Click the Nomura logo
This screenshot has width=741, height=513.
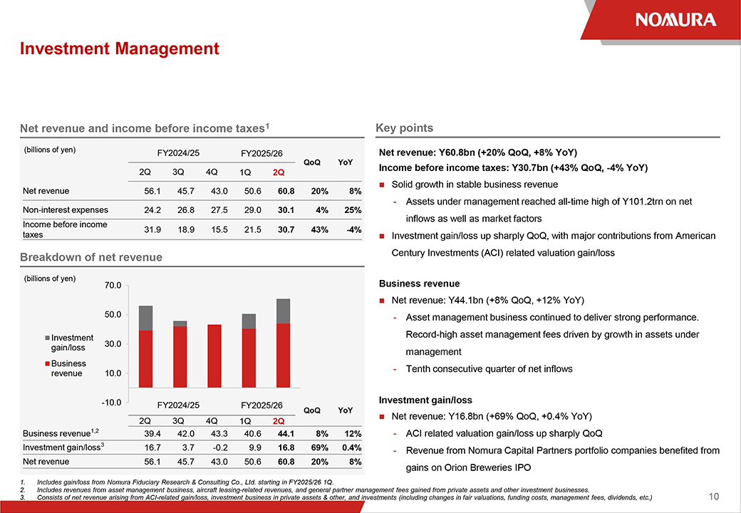[x=675, y=19]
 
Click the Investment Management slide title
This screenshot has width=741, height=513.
[x=120, y=48]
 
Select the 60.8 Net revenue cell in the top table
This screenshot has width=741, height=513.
[x=281, y=191]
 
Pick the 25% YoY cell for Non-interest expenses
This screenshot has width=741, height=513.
[x=351, y=210]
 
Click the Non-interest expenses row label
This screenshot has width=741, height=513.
[x=66, y=210]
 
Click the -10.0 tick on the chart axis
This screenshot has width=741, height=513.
[x=112, y=402]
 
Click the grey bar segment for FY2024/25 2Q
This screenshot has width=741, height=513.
[x=146, y=318]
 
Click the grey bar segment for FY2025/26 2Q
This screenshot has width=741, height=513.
[x=283, y=311]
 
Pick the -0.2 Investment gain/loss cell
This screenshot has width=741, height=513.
[x=211, y=447]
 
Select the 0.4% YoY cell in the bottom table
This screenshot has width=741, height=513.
[x=350, y=447]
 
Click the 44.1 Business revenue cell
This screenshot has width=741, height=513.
[x=281, y=433]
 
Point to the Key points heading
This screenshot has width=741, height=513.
[x=404, y=128]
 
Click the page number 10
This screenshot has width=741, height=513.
[x=715, y=496]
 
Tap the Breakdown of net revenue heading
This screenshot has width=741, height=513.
[x=91, y=257]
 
